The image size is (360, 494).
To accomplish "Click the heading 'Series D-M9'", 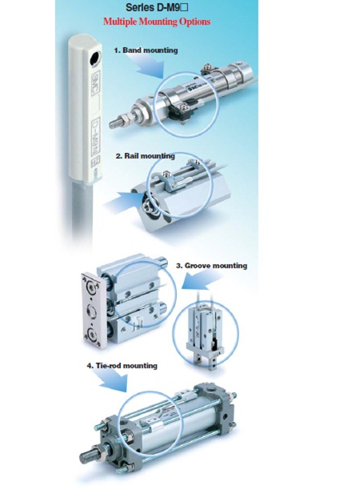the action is click(x=157, y=7).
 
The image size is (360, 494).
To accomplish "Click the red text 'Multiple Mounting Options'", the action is click(x=157, y=22).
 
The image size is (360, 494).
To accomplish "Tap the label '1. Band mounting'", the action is click(x=146, y=50).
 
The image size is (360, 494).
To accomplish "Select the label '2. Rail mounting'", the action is click(x=145, y=155).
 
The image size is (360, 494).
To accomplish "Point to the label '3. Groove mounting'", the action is click(x=211, y=266).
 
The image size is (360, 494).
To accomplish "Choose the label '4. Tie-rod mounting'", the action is click(x=122, y=365).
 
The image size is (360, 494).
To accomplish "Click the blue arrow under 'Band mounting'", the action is click(x=150, y=70).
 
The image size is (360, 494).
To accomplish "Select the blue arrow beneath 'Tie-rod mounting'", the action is click(x=112, y=380).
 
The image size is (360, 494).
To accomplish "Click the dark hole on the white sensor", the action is click(x=94, y=58).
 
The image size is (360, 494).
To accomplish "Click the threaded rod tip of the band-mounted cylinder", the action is click(x=115, y=123).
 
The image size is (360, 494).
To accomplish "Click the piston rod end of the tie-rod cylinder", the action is click(x=87, y=456).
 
